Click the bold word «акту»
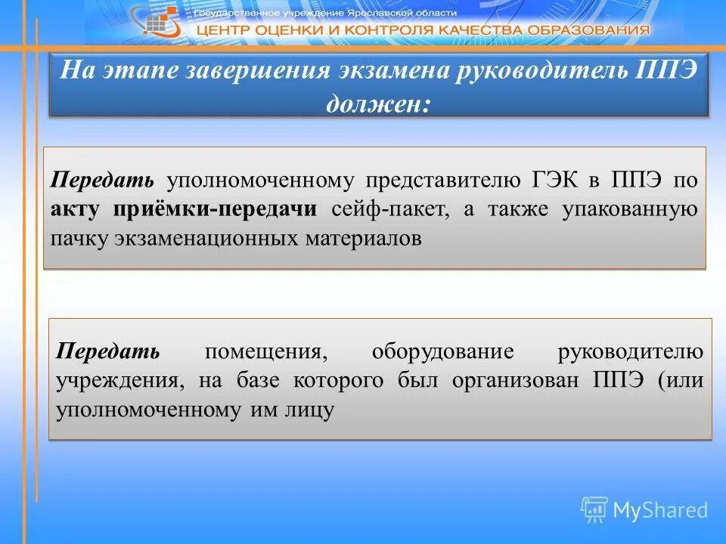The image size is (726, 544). (80, 209)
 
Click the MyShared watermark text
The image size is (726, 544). (659, 511)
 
